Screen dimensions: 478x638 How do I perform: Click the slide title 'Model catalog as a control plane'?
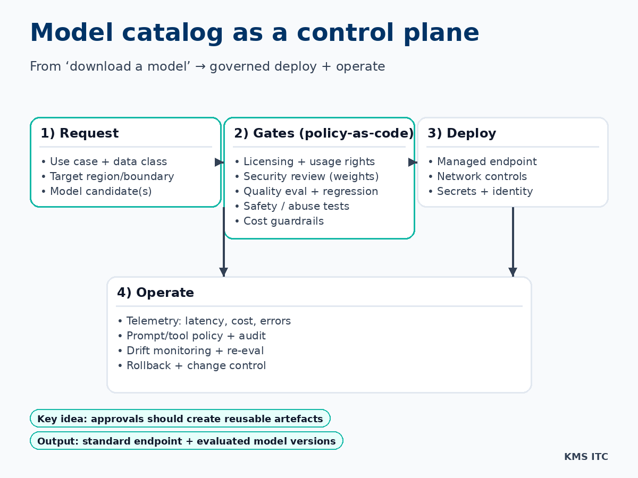click(254, 33)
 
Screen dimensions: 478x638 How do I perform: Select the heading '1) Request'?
click(80, 133)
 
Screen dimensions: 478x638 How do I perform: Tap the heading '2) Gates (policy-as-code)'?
click(323, 133)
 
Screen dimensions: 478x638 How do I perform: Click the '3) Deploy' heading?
click(461, 133)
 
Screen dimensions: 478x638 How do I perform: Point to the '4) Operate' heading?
click(155, 293)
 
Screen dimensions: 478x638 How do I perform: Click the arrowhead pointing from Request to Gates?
click(219, 162)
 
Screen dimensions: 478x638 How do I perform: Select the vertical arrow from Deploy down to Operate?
click(513, 239)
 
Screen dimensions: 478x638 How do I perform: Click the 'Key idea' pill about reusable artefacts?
click(180, 419)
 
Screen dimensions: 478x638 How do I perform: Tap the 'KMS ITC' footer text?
click(586, 457)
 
